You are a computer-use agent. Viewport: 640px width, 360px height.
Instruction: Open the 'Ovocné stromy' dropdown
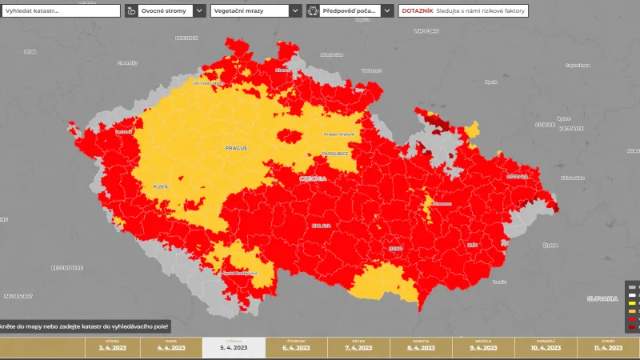[x=164, y=11]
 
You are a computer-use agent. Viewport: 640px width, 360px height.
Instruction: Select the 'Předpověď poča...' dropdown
[x=350, y=11]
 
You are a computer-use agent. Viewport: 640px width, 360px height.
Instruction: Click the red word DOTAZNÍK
[x=416, y=11]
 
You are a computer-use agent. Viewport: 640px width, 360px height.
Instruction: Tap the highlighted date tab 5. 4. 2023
[x=233, y=347]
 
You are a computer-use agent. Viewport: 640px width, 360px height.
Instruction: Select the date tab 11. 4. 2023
[x=608, y=347]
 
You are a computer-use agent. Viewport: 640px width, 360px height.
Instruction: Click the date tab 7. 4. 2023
[x=358, y=347]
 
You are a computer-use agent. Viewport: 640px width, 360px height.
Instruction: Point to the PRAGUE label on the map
[x=236, y=148]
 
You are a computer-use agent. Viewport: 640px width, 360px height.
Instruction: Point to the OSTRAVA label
[x=518, y=176]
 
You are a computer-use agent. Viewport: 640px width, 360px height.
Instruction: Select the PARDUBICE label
[x=334, y=153]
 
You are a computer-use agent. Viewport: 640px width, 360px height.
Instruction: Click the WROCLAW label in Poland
[x=426, y=31]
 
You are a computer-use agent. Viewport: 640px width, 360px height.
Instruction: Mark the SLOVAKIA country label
[x=602, y=298]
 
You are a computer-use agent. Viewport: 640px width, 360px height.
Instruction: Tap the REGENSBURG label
[x=66, y=266]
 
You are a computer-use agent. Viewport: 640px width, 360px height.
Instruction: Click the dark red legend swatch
[x=632, y=327]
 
